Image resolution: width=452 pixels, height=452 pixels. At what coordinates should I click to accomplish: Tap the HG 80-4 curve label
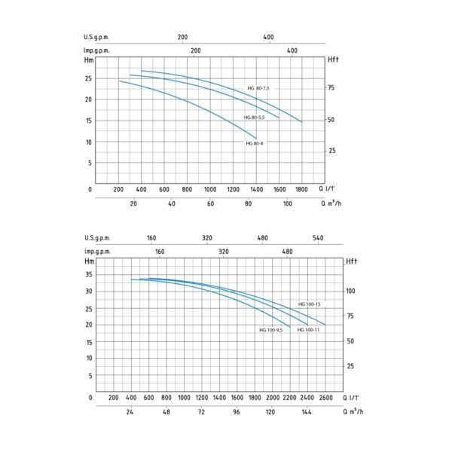click(x=255, y=143)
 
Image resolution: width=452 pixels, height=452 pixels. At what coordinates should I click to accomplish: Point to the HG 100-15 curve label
click(x=310, y=304)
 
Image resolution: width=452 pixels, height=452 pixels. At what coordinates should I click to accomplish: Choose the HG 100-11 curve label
click(x=310, y=330)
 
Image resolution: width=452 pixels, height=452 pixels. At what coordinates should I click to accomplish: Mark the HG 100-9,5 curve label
click(x=272, y=330)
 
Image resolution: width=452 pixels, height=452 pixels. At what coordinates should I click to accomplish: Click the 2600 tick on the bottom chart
click(x=325, y=397)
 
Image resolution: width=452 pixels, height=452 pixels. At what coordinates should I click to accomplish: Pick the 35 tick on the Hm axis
click(x=89, y=274)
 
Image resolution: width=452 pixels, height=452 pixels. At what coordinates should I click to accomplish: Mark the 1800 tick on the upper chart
click(x=302, y=189)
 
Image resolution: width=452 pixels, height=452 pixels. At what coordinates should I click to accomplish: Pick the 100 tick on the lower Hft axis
click(x=349, y=290)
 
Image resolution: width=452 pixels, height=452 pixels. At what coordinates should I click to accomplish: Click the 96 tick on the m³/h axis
click(x=237, y=413)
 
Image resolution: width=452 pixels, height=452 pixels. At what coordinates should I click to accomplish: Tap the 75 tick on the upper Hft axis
click(x=332, y=88)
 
